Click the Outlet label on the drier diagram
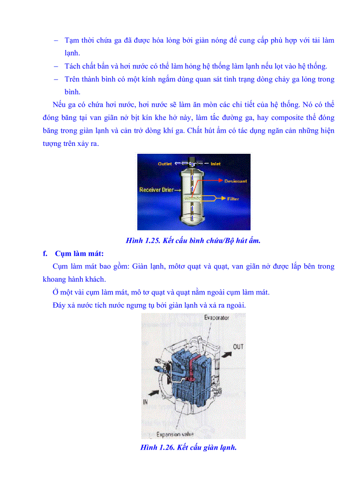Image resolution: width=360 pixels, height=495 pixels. click(x=165, y=164)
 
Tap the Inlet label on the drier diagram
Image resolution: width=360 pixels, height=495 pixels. click(x=216, y=164)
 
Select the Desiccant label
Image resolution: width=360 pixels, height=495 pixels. click(x=235, y=181)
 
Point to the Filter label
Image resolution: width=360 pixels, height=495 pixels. click(x=233, y=199)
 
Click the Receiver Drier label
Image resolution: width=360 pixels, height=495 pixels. click(x=156, y=190)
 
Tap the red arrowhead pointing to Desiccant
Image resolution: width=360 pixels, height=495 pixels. click(x=220, y=181)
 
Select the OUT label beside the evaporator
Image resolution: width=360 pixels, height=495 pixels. click(x=238, y=347)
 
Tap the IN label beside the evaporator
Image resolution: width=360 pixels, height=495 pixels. click(x=146, y=402)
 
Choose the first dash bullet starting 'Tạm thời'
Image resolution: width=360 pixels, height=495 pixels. click(x=56, y=40)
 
